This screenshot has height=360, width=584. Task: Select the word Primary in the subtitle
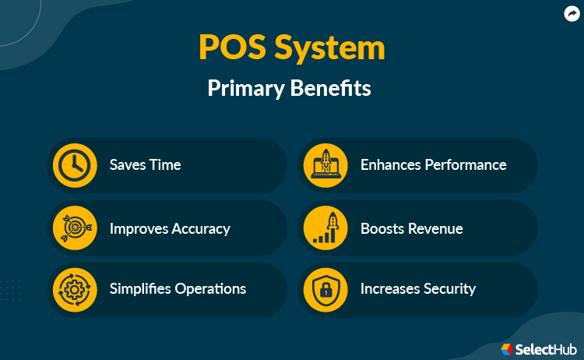coord(244,88)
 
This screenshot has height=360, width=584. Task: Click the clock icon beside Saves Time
coord(75,165)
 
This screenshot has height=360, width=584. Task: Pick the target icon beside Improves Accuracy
coord(75,228)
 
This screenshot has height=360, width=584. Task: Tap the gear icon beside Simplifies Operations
coord(75,289)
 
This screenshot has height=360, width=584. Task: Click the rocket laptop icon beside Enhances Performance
coord(325,165)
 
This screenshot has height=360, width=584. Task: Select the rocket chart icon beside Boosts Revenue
coord(325,228)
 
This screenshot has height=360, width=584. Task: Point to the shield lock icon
coord(325,289)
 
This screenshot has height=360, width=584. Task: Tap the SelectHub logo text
coord(547,348)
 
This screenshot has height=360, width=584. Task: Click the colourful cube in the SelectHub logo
coord(508,348)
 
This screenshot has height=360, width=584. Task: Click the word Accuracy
coord(200,228)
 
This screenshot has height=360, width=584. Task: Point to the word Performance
coord(465,165)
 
